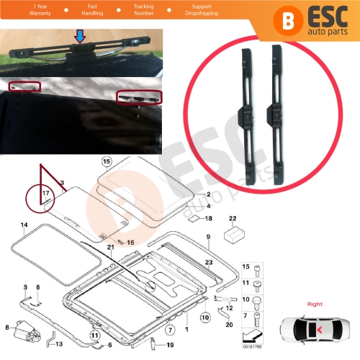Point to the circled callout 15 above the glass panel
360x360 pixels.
click(x=107, y=161)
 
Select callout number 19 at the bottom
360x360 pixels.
click(x=170, y=346)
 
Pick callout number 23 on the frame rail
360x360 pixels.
click(x=208, y=263)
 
